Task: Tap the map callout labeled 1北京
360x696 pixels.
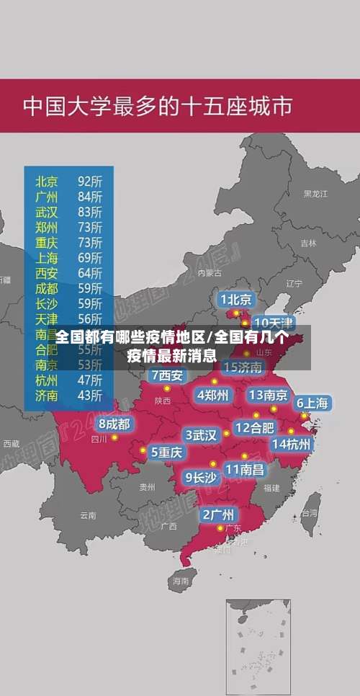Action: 236,300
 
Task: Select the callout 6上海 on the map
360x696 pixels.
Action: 312,403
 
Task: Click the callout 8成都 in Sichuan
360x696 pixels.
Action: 114,424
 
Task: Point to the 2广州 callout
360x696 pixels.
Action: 217,514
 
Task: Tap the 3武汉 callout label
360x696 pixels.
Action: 201,435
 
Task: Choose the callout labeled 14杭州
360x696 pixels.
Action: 292,444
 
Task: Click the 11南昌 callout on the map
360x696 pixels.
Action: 244,469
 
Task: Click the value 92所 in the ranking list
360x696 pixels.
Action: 89,180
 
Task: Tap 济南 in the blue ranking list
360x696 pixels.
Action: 48,395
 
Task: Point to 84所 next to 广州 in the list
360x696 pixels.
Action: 89,196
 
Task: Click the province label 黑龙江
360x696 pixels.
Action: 315,194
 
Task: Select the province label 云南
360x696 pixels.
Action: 88,515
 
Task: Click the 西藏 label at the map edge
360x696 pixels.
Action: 11,444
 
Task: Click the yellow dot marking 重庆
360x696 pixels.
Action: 143,451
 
